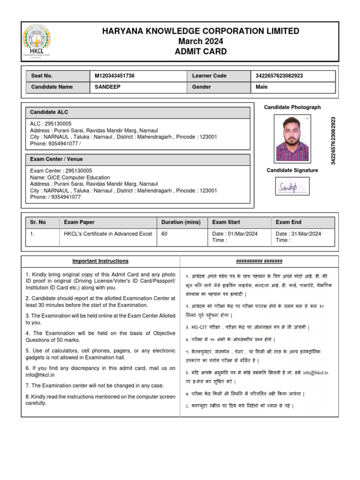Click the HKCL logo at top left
[x=37, y=41]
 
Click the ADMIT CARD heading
[x=201, y=52]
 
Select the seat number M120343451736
[x=115, y=75]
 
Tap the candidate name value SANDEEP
[x=107, y=87]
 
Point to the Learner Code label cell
[x=209, y=75]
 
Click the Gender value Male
[x=262, y=87]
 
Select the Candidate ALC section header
[x=49, y=112]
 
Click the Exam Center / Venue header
[x=56, y=159]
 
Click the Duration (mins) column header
[x=181, y=222]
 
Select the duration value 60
[x=165, y=233]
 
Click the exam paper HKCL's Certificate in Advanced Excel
[x=108, y=233]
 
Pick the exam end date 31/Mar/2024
[x=298, y=233]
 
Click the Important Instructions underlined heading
[x=100, y=261]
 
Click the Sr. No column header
[x=38, y=222]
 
